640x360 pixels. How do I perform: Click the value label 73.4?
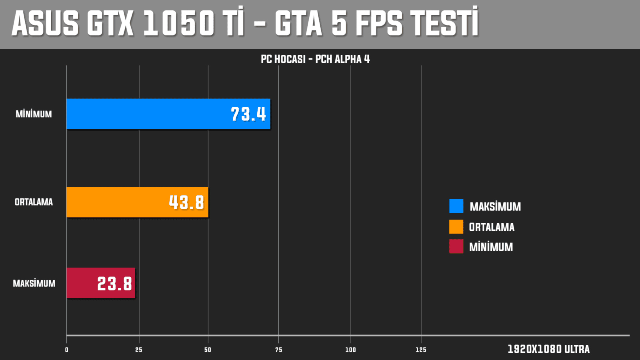click(x=248, y=114)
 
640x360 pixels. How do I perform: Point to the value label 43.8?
click(x=186, y=202)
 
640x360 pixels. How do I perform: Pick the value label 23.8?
click(x=114, y=284)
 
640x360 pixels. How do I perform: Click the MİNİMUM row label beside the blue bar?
click(x=34, y=114)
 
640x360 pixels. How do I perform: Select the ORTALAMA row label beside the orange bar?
click(x=34, y=202)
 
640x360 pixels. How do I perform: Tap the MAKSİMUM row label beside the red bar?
click(x=34, y=283)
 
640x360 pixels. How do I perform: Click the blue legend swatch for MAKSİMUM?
click(x=456, y=206)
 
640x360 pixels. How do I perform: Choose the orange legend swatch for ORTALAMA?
click(x=456, y=226)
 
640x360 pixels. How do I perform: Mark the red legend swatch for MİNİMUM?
click(x=456, y=246)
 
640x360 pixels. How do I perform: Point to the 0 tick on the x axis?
click(x=66, y=350)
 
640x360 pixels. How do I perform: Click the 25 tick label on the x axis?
click(x=139, y=350)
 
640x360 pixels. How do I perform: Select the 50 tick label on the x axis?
click(x=208, y=350)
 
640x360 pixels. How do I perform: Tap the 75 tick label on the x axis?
click(x=278, y=350)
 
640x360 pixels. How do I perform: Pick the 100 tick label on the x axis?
click(x=350, y=350)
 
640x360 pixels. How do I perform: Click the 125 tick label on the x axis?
click(x=421, y=350)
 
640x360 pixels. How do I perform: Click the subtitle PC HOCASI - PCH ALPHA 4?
click(x=315, y=59)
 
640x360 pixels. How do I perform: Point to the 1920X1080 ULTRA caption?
click(x=548, y=349)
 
